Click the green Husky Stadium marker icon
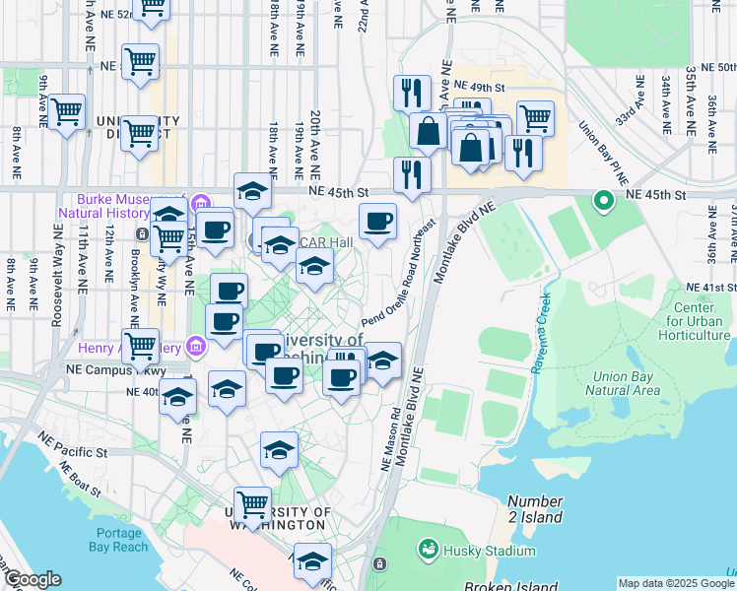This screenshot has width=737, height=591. (429, 548)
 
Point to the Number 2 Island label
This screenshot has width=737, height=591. (535, 509)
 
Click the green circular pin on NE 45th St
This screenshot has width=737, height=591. (603, 202)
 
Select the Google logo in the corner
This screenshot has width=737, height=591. (32, 579)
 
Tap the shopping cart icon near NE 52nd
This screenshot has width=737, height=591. (150, 8)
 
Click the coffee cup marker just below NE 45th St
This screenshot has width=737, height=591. (377, 222)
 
